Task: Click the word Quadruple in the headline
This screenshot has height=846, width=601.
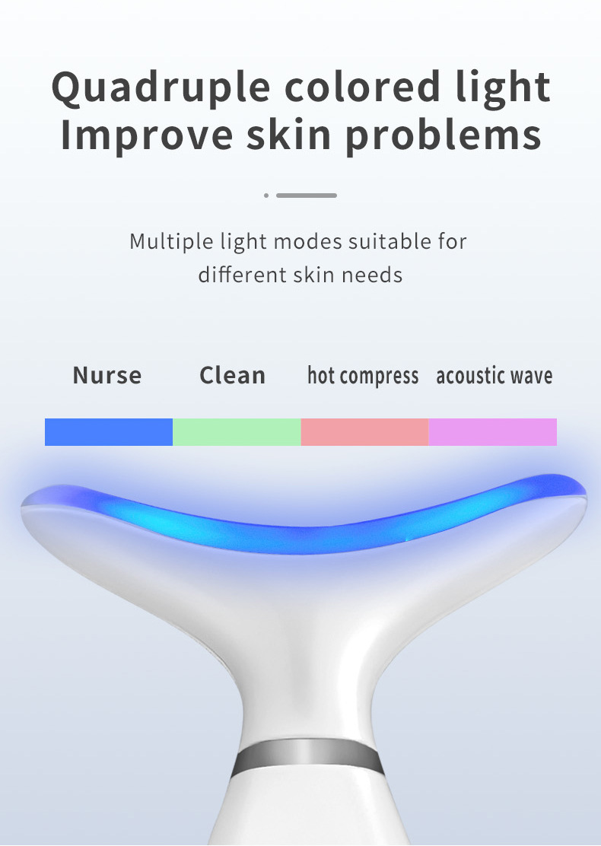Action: (x=161, y=88)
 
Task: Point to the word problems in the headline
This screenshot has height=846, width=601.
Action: (x=443, y=135)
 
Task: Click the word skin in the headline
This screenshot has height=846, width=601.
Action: (x=288, y=134)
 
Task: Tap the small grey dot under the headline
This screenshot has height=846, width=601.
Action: (x=266, y=196)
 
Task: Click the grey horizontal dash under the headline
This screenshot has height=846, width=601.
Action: (x=307, y=196)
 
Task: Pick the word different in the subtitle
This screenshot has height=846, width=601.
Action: (x=243, y=275)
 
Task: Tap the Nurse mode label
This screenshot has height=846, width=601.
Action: (x=107, y=375)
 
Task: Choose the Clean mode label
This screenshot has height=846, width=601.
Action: (x=233, y=375)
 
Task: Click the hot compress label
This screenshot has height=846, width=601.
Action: (x=363, y=376)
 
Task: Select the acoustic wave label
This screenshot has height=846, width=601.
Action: (x=494, y=376)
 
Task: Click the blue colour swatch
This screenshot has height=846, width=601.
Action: (x=109, y=431)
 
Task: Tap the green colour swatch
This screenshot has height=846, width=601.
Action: (x=237, y=431)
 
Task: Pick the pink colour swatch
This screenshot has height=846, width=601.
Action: (x=364, y=431)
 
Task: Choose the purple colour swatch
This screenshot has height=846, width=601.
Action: (x=492, y=431)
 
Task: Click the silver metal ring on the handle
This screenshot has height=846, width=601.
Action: (x=307, y=756)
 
